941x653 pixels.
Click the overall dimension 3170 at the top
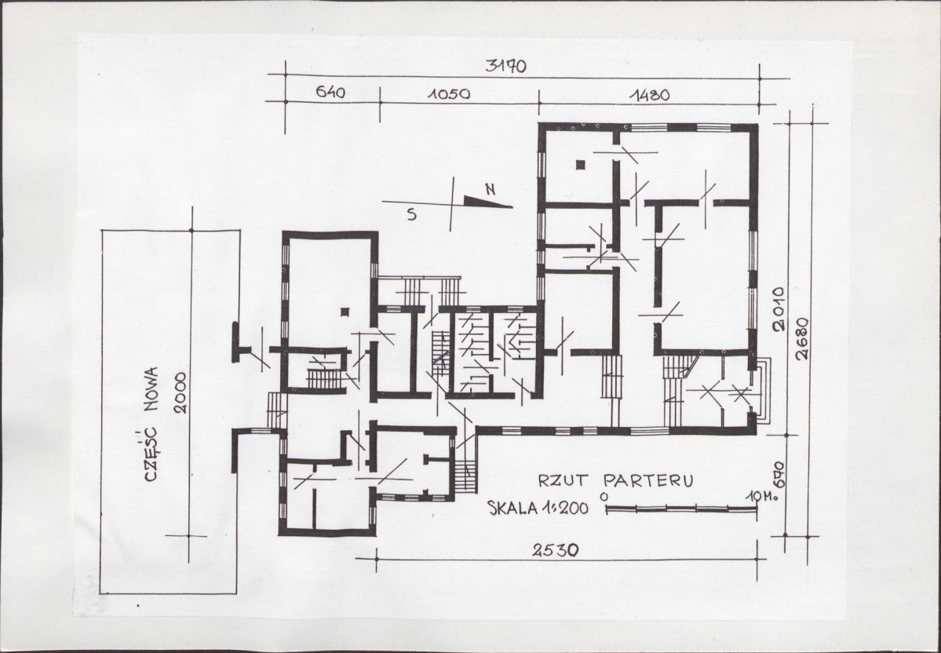(505, 65)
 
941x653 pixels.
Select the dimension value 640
(330, 93)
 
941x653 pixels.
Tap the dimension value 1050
(449, 94)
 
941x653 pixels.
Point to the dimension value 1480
(649, 95)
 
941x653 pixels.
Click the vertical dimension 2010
(779, 309)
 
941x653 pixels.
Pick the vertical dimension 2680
(802, 338)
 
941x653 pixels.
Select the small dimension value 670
(779, 474)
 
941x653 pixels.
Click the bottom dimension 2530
(556, 549)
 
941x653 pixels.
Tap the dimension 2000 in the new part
(181, 393)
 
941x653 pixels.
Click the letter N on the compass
(491, 190)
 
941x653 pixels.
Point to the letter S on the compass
(412, 214)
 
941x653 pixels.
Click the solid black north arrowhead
(487, 202)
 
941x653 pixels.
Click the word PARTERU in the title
(649, 480)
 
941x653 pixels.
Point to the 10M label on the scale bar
(757, 497)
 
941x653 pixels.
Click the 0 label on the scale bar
(604, 497)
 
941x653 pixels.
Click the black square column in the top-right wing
(580, 165)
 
